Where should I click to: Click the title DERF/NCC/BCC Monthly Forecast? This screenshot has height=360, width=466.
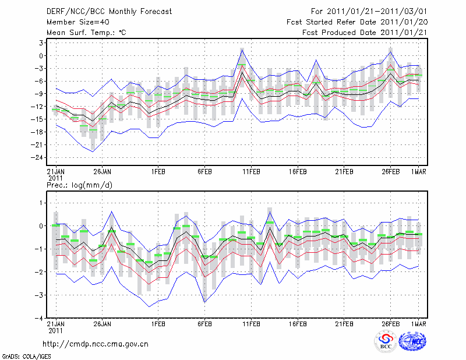(101, 11)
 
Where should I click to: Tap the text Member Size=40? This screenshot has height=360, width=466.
(72, 22)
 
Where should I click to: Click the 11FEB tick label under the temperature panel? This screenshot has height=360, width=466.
(251, 172)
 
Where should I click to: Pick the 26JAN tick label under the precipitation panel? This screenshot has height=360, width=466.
(102, 324)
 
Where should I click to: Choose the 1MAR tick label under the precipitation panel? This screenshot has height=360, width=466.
(418, 324)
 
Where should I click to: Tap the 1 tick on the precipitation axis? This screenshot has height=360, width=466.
(42, 203)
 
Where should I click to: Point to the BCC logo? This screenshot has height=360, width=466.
(386, 341)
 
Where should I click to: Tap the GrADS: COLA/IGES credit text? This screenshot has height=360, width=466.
(26, 355)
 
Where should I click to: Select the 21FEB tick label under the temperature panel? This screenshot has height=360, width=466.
(345, 172)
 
